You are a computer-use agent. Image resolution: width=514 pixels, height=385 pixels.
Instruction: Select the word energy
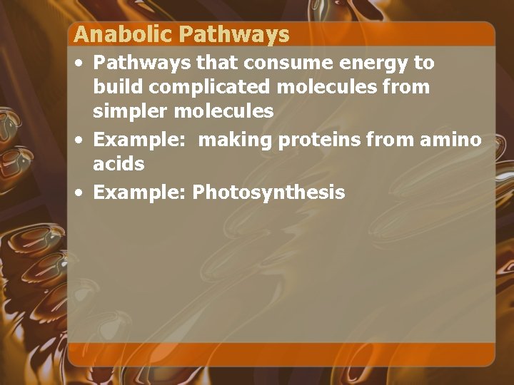(370, 63)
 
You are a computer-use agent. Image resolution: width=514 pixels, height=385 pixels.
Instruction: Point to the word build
(114, 87)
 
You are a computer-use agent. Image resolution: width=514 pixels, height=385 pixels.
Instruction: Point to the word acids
(119, 164)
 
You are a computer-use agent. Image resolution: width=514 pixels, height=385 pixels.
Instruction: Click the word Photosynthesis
(268, 192)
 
